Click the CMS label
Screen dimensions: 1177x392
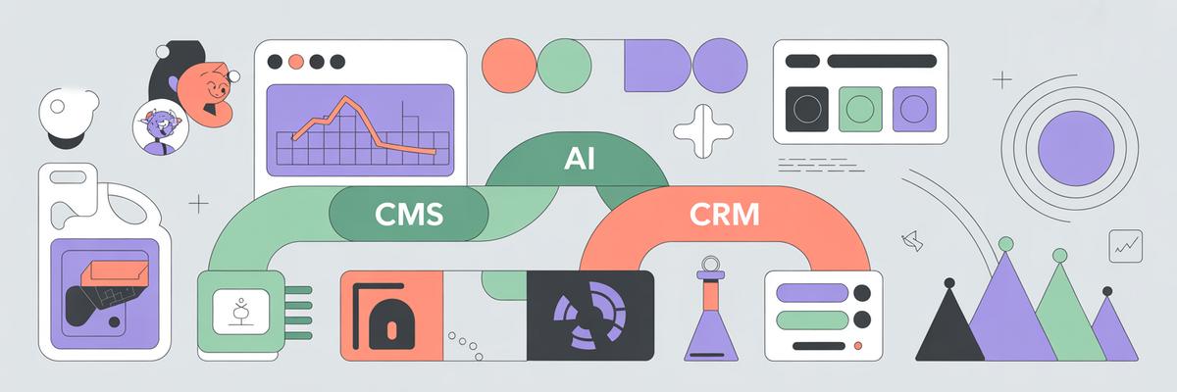click(409, 214)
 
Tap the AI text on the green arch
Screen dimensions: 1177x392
click(579, 158)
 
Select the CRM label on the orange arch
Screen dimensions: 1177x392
click(724, 214)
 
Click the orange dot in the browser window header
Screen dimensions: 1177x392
click(296, 62)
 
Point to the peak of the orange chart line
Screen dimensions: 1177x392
click(345, 97)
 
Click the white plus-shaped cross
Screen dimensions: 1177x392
click(703, 131)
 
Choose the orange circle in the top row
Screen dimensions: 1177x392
click(509, 66)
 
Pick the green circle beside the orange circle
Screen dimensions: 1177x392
click(564, 66)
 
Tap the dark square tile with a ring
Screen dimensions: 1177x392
click(807, 109)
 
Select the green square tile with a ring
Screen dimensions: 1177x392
click(860, 109)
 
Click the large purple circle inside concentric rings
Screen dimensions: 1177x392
click(1076, 149)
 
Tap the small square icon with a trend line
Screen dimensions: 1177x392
click(1126, 246)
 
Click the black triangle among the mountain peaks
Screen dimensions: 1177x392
click(949, 324)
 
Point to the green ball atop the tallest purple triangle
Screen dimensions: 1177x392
click(1005, 243)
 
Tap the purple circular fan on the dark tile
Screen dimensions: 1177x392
click(589, 316)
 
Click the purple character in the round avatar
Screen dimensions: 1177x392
click(160, 129)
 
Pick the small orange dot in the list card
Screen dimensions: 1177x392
click(858, 346)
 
